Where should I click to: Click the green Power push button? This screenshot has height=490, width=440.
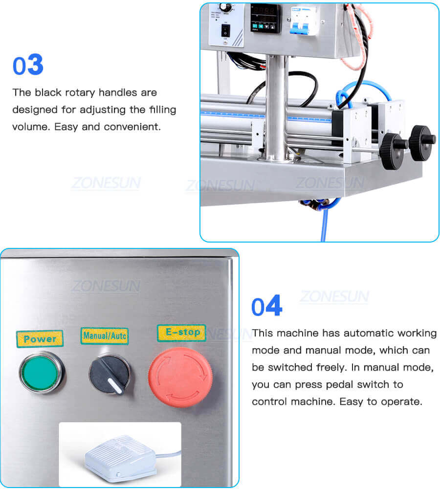click(41, 372)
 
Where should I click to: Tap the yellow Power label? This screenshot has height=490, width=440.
click(40, 338)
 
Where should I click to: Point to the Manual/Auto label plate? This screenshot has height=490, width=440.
click(105, 336)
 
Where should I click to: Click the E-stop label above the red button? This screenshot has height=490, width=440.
click(181, 333)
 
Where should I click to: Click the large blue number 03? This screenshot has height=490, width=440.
click(28, 66)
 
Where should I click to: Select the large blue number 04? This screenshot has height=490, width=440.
click(266, 307)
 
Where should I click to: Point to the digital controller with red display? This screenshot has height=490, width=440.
click(265, 18)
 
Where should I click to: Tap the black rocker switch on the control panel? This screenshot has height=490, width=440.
click(226, 31)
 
